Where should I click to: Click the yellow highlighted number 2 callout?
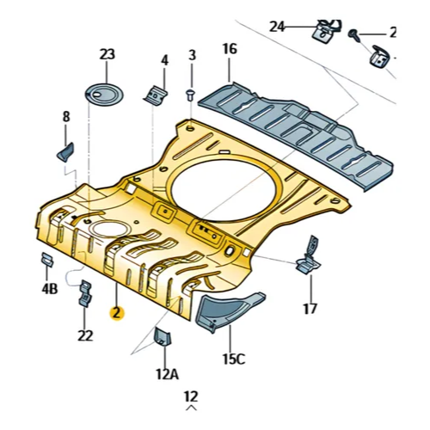117,313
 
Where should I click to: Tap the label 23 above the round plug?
107,54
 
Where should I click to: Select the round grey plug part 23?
105,93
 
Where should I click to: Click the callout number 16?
230,49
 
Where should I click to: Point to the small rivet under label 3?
190,95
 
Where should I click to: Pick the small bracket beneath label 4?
156,94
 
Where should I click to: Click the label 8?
66,117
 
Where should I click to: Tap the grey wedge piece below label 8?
65,151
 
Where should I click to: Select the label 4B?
50,289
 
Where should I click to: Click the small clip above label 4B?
47,260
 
